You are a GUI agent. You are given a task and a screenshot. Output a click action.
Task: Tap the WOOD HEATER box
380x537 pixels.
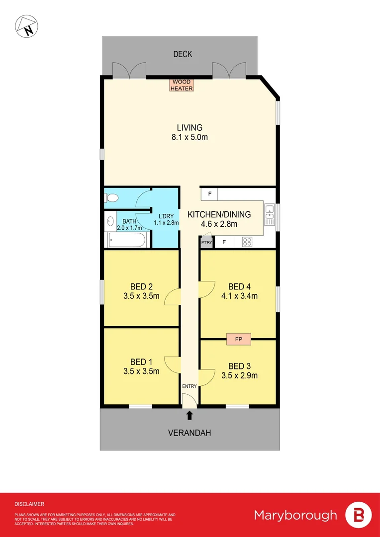click(x=182, y=85)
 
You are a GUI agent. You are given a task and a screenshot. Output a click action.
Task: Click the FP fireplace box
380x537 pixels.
click(x=238, y=339)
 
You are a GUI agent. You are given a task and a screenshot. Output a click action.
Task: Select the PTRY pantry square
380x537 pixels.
click(x=206, y=243)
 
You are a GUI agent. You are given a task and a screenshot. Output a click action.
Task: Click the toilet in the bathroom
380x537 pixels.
click(x=112, y=198)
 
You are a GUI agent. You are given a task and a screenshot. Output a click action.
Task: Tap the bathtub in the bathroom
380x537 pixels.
click(x=126, y=241)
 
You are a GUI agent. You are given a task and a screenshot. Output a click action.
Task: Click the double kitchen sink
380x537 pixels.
click(x=269, y=212)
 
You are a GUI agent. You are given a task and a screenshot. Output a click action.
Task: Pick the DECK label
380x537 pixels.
click(x=183, y=54)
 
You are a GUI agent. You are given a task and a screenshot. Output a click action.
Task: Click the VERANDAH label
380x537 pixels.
click(x=189, y=433)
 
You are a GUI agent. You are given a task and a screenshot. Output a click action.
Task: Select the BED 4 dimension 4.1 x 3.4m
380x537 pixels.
click(x=239, y=297)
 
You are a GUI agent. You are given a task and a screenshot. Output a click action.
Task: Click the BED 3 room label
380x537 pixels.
click(x=239, y=366)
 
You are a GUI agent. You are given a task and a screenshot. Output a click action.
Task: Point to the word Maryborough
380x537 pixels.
click(x=295, y=515)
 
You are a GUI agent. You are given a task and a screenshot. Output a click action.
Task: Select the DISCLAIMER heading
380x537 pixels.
click(x=29, y=504)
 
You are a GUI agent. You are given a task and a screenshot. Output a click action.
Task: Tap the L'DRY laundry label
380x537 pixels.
click(x=166, y=216)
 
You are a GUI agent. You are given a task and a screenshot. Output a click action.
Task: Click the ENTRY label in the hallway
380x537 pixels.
click(x=189, y=386)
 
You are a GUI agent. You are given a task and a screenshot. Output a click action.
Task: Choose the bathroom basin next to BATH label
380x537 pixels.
click(x=109, y=220)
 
